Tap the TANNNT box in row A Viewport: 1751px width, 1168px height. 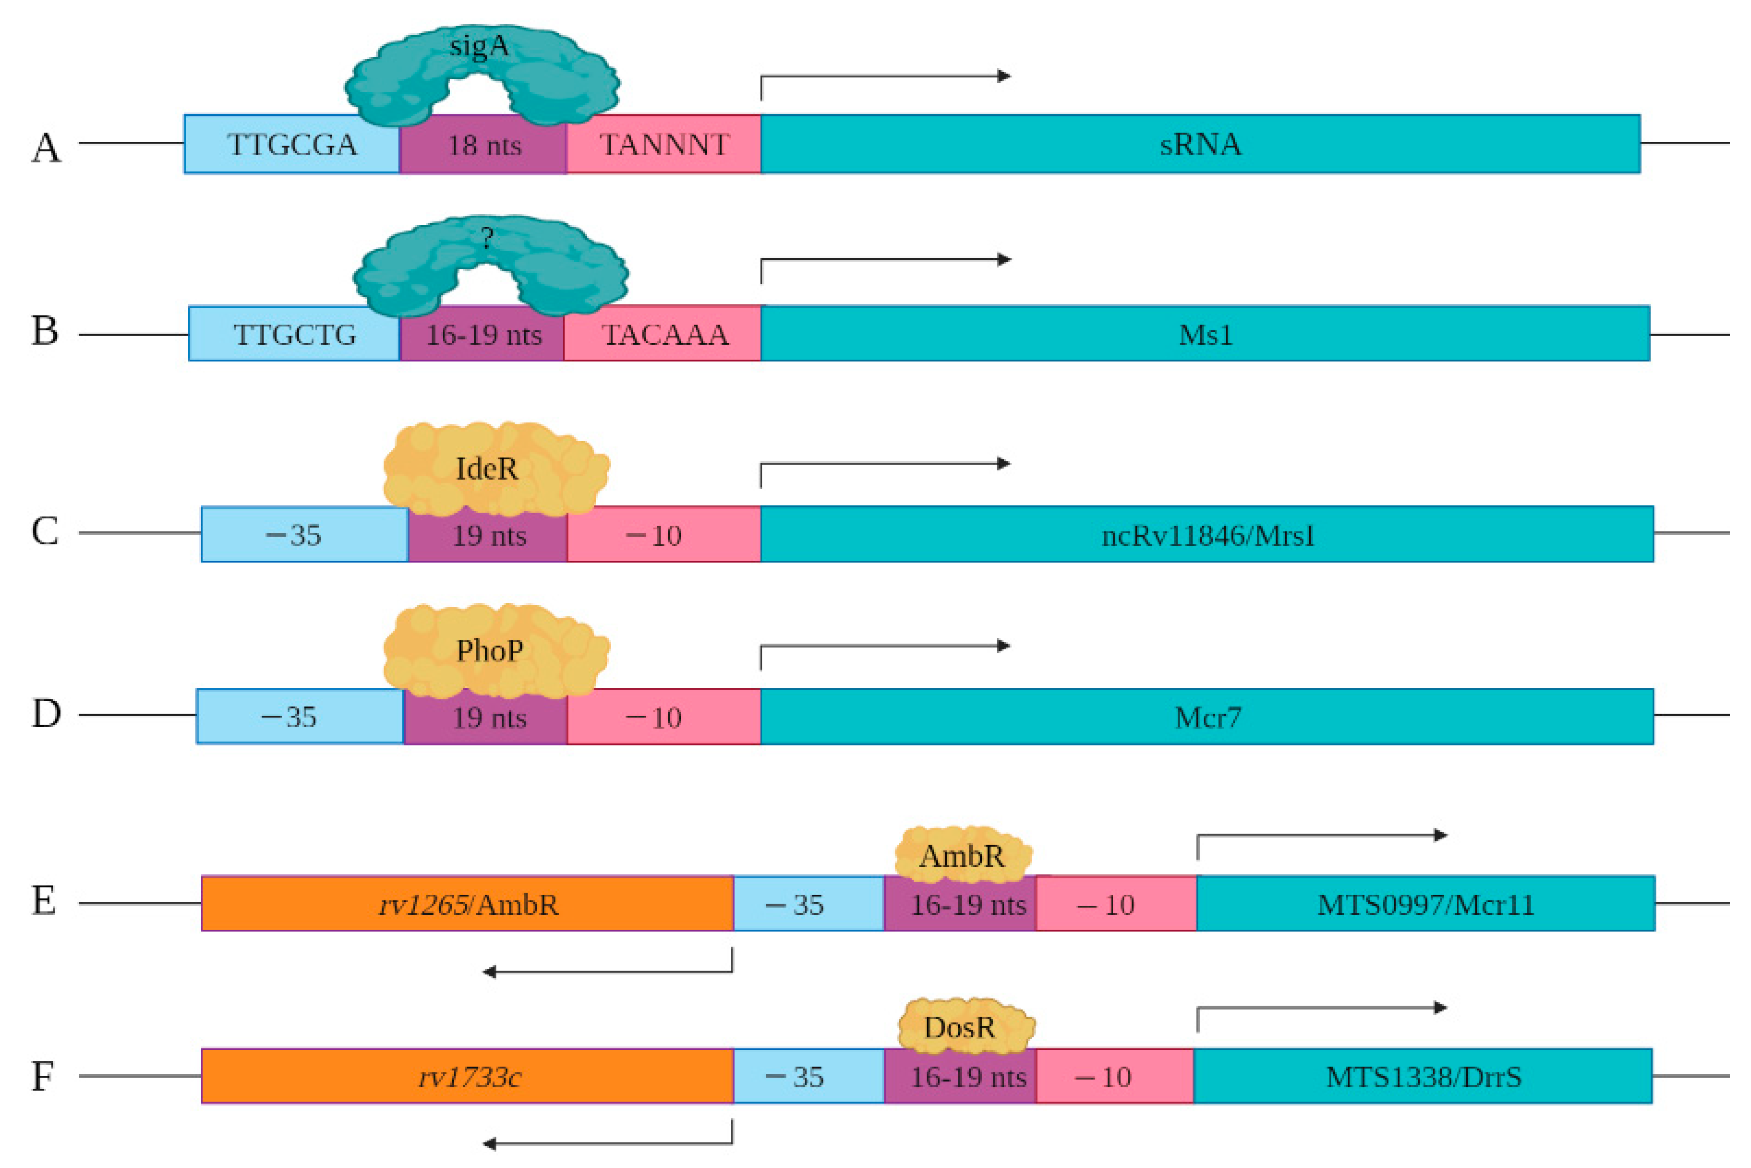coord(663,144)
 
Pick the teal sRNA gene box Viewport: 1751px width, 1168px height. coord(1200,144)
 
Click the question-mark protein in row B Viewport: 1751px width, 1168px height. coord(490,261)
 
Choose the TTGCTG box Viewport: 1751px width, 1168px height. coord(294,334)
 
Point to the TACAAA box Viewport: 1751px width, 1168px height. coord(663,334)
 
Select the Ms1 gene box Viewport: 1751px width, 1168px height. coord(1205,334)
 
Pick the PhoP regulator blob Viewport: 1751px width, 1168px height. coord(495,650)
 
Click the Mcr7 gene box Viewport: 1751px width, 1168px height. coord(1207,717)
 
